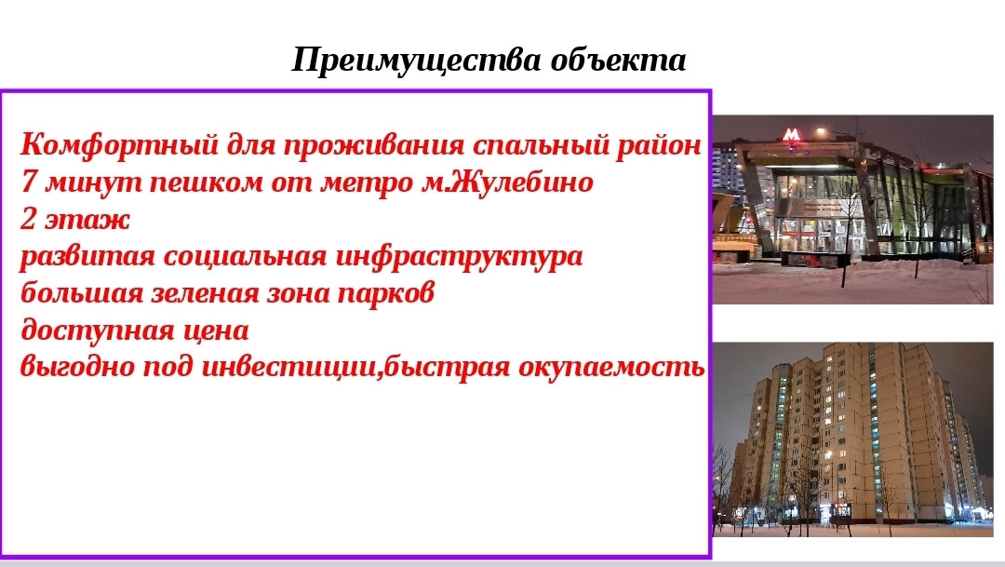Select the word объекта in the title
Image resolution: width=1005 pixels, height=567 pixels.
[x=619, y=61]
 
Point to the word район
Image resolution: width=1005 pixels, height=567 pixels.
[x=659, y=145]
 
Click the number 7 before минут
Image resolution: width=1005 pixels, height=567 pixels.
[x=28, y=182]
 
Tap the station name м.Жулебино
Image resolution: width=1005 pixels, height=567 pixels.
[x=507, y=182]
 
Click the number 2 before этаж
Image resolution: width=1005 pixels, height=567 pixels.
[x=28, y=220]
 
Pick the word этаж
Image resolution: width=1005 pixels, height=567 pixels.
[x=87, y=220]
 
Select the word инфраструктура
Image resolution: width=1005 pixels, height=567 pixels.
[x=460, y=258]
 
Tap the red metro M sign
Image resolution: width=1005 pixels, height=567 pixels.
[x=792, y=135]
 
